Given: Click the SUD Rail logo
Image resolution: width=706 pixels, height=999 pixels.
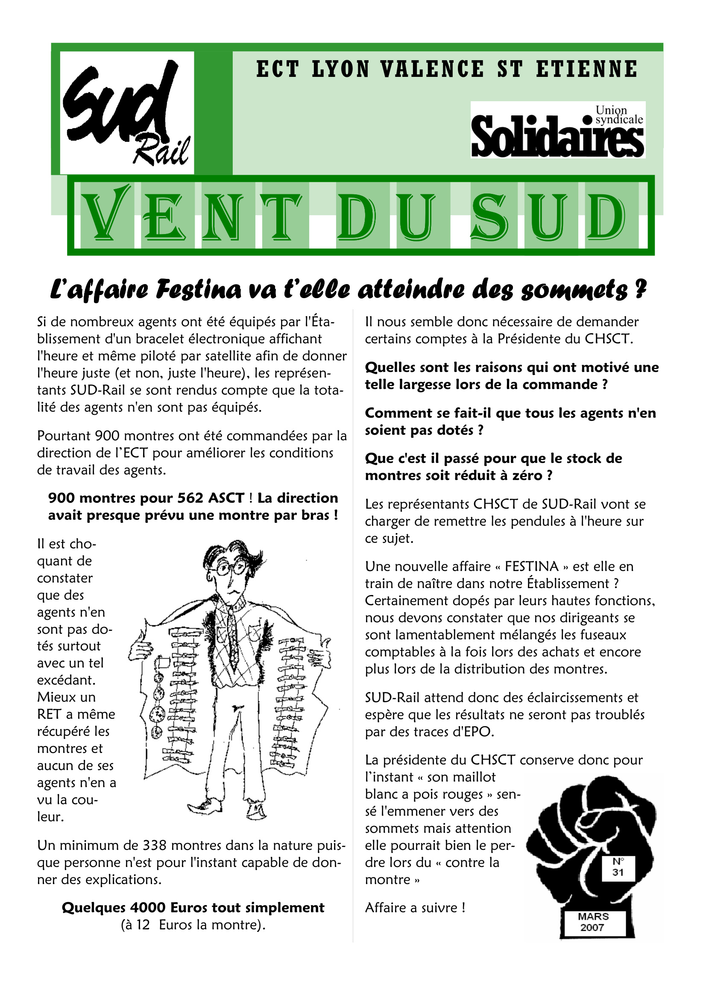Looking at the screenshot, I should [x=126, y=113].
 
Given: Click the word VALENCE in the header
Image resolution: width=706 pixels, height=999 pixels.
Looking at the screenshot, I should [x=432, y=70].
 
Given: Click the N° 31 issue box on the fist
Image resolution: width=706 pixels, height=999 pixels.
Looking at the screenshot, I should [x=618, y=867].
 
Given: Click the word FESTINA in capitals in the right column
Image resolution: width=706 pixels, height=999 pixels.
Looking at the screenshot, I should [x=531, y=566].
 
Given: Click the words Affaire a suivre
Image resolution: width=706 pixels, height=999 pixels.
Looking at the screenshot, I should [x=415, y=908].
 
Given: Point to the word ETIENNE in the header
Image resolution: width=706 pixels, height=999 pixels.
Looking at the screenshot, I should [x=586, y=70].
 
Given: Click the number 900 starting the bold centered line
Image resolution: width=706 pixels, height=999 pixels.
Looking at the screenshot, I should [x=61, y=498].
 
